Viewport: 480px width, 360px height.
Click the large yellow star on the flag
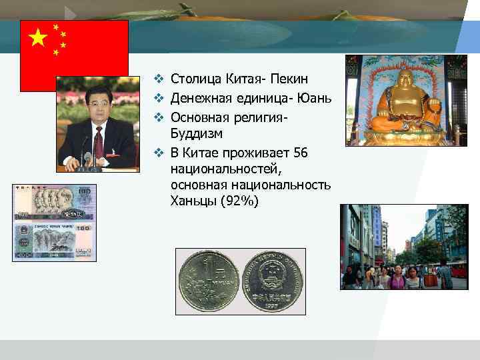(x=38, y=38)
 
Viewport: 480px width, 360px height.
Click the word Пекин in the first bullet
(x=289, y=80)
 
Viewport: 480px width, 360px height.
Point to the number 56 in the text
(x=299, y=153)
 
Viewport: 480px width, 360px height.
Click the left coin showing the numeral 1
(x=209, y=281)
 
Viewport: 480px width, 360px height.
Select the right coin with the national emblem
(x=272, y=281)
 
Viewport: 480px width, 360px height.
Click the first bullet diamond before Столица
(x=159, y=80)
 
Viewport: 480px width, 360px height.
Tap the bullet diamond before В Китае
(x=159, y=153)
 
